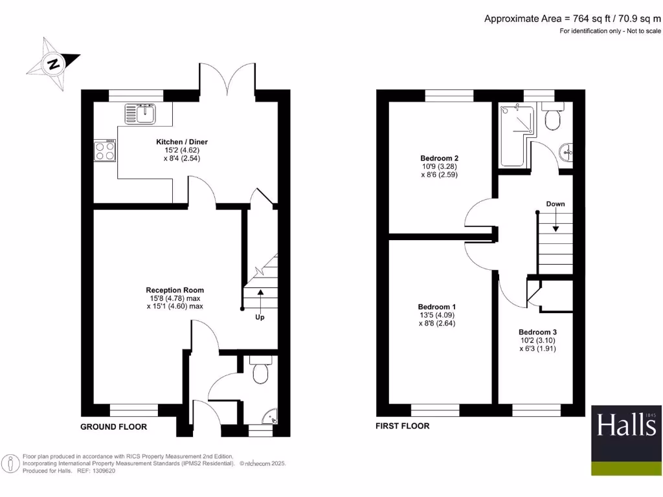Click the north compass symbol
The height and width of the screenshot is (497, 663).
[x=53, y=63]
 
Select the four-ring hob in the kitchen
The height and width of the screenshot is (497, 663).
[x=105, y=151]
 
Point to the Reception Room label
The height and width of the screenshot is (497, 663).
[x=175, y=290]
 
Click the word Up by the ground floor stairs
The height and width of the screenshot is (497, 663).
[x=260, y=317]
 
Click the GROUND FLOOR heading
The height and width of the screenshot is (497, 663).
[x=113, y=427]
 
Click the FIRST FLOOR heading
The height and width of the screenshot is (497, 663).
[x=402, y=426]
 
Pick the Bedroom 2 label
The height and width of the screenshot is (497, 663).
[x=439, y=159]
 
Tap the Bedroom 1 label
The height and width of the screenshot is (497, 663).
[x=437, y=307]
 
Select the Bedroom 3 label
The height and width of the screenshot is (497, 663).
[x=537, y=332]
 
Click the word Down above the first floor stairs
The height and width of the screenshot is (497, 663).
[x=555, y=204]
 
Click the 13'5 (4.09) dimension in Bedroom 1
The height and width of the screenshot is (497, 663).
[x=437, y=315]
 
